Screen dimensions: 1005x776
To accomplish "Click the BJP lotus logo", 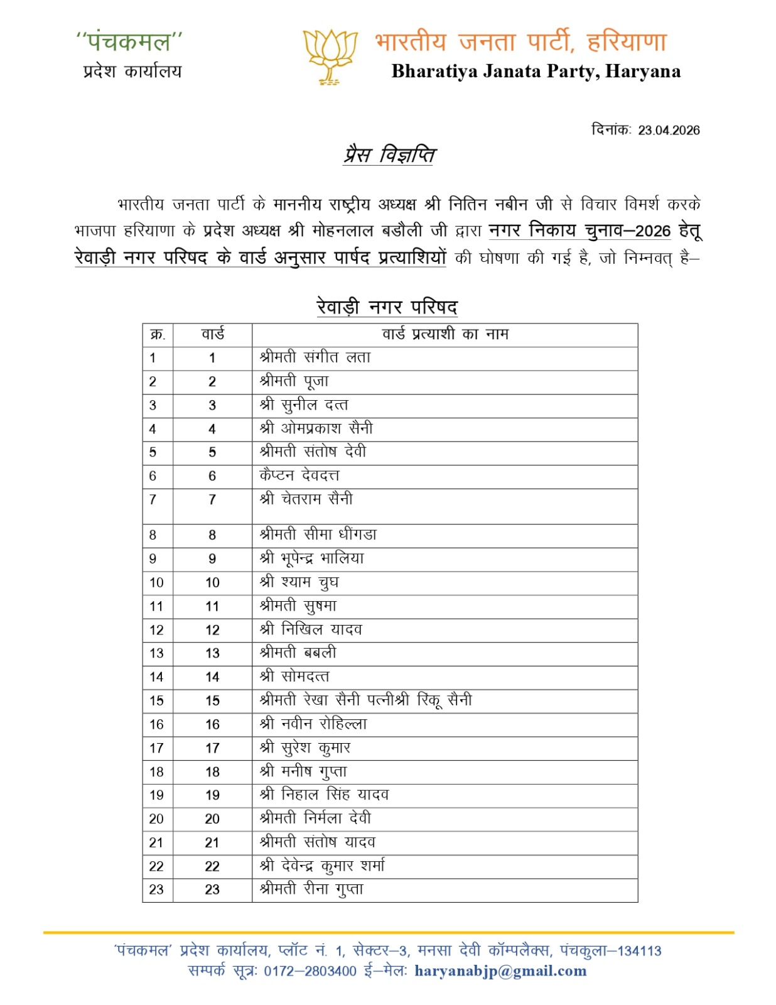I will point(330,56).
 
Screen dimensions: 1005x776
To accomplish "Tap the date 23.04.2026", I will point(669,130).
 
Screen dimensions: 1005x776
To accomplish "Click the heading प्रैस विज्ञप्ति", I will point(389,155).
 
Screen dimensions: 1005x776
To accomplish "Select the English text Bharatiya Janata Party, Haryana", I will point(536,71).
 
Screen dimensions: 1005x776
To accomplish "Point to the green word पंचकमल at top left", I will point(129,42).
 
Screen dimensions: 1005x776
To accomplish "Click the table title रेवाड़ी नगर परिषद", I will point(387,307).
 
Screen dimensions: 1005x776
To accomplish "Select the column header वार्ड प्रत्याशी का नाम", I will point(445,334).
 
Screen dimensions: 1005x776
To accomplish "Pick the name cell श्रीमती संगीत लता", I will point(315,357).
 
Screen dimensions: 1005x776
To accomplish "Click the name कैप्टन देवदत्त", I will point(299,475).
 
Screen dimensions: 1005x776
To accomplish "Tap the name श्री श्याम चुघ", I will point(299,582).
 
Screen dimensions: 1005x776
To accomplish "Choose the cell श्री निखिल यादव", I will point(311,629).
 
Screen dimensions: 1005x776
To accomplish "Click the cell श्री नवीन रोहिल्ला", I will point(313,724).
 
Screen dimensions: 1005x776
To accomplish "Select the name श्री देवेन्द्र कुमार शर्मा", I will point(322,866).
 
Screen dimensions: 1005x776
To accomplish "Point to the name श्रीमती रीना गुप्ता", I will point(311,889).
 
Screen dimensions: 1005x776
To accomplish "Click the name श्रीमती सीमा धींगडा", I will point(318,535).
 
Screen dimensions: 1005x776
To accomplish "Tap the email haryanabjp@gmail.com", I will point(500,971).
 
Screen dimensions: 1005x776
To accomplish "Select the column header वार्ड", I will point(212,334).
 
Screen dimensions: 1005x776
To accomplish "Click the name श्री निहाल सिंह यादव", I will point(324,795).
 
